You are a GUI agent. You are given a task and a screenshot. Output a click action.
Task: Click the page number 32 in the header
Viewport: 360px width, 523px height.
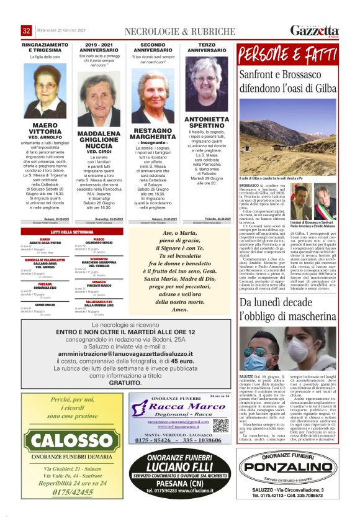[26, 30]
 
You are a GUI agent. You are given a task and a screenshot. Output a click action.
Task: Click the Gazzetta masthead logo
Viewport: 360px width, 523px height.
[314, 30]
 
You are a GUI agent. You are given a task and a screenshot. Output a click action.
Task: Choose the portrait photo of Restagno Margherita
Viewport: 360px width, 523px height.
[153, 96]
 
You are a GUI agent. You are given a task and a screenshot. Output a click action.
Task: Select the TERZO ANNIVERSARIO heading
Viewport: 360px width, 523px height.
[207, 47]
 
